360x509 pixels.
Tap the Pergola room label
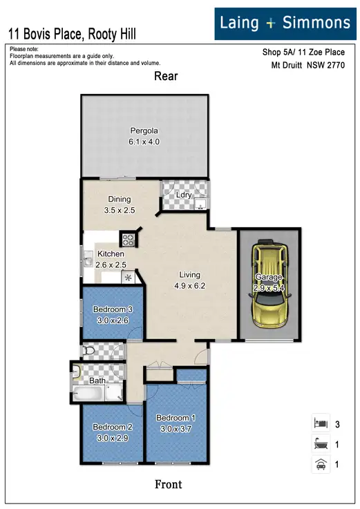pos(144,136)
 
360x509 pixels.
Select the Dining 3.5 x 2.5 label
pos(119,204)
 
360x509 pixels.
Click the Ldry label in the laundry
pos(184,195)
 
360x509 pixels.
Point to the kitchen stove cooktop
pos(129,240)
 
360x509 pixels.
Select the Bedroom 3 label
pos(112,314)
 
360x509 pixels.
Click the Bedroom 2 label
pos(112,432)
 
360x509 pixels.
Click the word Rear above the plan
pos(167,77)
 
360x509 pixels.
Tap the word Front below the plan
pos(168,484)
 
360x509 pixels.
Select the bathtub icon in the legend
pos(319,444)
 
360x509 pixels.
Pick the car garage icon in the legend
pos(319,464)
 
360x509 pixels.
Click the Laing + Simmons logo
pos(285,23)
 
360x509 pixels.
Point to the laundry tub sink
pos(200,203)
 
